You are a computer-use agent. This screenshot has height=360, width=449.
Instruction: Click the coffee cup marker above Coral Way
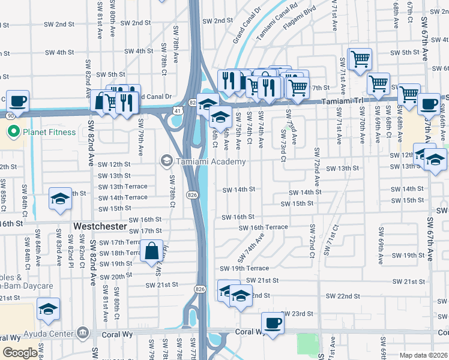coord(273,322)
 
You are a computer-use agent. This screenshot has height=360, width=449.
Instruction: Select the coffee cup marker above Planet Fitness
coord(17,100)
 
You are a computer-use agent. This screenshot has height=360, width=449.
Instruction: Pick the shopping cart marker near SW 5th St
coord(360,59)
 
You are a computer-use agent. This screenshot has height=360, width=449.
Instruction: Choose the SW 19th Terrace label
coord(244,268)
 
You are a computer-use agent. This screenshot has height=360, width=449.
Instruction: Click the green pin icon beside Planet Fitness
coord(12,132)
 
